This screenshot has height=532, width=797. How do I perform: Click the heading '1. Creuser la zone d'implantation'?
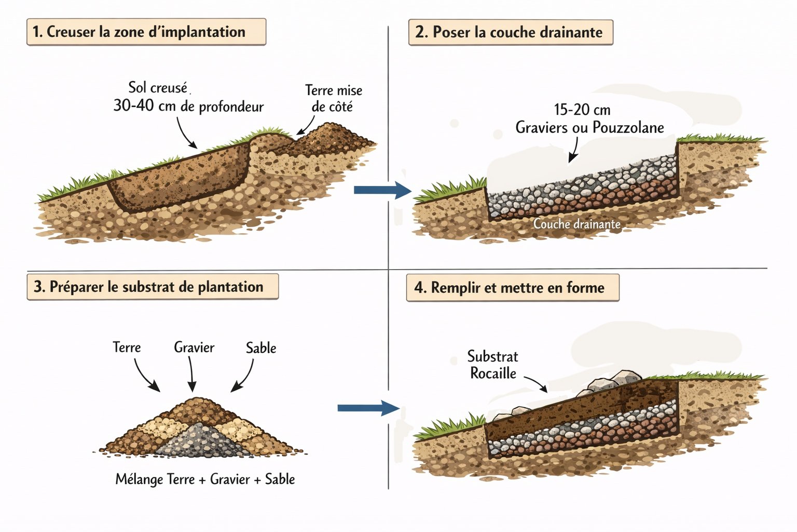click(146, 32)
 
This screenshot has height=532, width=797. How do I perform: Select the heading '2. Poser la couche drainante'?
click(511, 32)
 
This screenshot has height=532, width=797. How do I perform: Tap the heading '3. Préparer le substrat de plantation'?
click(152, 287)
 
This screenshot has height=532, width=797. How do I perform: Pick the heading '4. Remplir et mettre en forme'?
click(512, 288)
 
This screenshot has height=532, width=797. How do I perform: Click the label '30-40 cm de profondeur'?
click(188, 106)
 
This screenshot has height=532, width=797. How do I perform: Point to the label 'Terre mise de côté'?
click(333, 98)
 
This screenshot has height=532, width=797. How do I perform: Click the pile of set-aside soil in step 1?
click(332, 137)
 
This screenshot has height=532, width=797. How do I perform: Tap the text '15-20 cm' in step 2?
click(582, 110)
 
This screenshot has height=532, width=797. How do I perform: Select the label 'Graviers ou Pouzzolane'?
click(589, 127)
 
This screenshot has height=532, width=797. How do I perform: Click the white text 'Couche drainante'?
click(576, 224)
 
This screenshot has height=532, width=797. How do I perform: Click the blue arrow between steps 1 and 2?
click(381, 190)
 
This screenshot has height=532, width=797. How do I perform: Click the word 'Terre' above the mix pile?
click(127, 347)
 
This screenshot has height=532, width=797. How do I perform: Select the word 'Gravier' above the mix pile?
click(194, 347)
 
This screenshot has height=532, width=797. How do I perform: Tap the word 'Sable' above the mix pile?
click(260, 348)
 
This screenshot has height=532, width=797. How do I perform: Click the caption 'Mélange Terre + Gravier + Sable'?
click(205, 479)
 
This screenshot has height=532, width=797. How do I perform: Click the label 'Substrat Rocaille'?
click(492, 365)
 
